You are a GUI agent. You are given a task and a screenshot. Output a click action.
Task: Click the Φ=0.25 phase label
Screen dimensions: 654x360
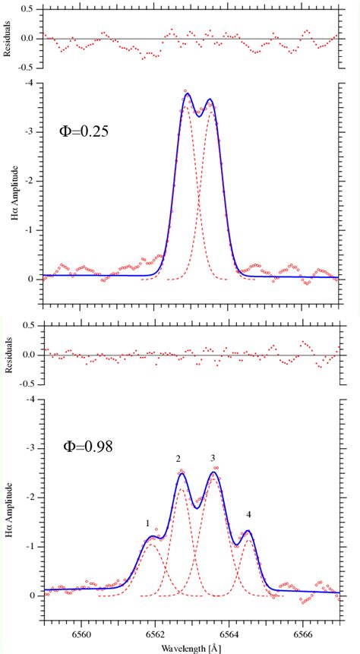(84, 131)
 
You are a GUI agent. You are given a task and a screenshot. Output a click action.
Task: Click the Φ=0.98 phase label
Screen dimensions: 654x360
(87, 447)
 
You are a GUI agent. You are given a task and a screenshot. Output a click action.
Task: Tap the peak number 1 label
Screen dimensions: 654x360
(147, 523)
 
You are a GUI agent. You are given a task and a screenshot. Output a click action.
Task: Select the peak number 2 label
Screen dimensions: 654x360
(178, 459)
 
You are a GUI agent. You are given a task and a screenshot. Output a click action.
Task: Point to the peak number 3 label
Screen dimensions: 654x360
(213, 459)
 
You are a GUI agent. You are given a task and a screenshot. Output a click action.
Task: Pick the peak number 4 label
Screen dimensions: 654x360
(248, 514)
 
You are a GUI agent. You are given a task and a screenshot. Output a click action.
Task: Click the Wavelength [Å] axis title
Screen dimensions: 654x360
(191, 648)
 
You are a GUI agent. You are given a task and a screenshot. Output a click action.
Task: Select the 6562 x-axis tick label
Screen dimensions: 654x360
(155, 633)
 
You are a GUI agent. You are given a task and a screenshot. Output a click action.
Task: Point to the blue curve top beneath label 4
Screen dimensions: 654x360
(248, 531)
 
